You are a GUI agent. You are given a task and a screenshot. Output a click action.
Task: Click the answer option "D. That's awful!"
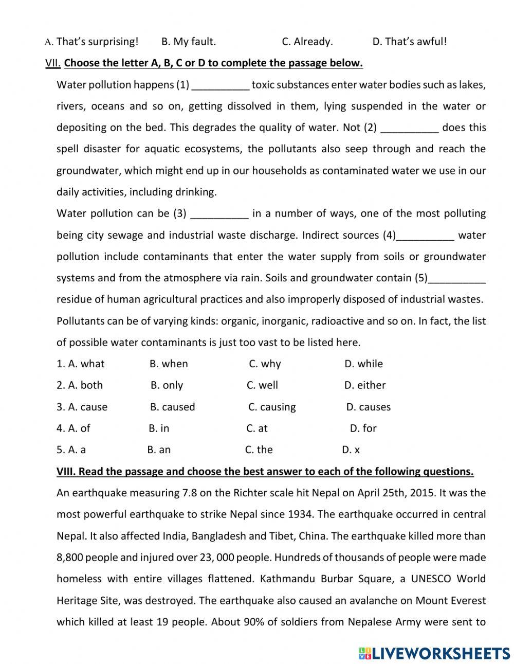[x=409, y=42]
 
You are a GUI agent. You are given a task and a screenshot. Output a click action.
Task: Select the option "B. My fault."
[x=188, y=42]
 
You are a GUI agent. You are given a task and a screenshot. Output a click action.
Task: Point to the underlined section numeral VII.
[x=53, y=63]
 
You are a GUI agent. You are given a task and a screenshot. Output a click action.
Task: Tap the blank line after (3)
[x=219, y=214]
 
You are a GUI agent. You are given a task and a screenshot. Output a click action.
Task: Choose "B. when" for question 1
[x=169, y=364]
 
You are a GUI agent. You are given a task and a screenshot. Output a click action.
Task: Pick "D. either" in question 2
[x=364, y=385]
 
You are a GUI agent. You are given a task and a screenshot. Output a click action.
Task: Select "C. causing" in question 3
[x=272, y=407]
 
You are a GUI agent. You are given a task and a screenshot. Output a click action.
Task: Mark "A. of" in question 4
[x=73, y=428]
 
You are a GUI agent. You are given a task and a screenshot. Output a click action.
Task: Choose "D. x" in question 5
[x=351, y=450]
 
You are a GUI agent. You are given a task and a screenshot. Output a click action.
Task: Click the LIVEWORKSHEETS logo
[x=434, y=653]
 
